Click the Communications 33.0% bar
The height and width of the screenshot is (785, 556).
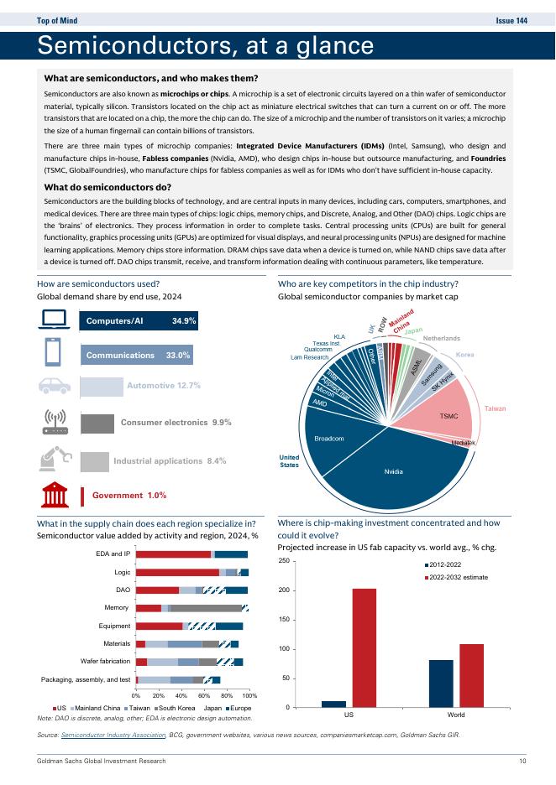139,356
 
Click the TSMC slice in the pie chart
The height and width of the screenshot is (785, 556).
448,415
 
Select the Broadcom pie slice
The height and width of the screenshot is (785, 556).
329,439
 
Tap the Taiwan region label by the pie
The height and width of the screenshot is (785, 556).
495,408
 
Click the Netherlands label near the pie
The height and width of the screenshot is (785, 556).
441,338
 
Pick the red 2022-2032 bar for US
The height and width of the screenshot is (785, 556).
364,647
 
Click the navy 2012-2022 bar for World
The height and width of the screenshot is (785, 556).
441,684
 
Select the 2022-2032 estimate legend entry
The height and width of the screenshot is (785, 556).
458,578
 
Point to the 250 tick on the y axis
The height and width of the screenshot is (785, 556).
307,561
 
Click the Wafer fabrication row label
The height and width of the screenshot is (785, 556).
105,662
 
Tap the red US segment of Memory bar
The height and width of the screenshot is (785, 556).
149,608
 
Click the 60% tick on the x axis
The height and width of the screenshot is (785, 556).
204,696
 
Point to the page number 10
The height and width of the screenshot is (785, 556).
522,761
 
